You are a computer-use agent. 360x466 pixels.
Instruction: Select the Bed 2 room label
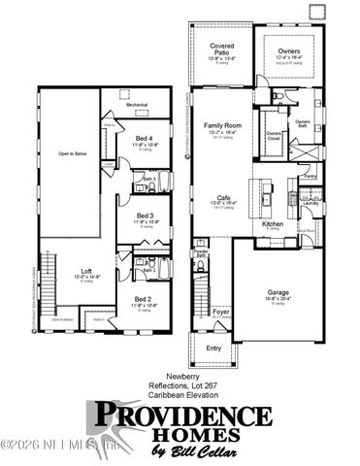(143, 298)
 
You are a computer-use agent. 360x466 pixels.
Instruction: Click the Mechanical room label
(136, 104)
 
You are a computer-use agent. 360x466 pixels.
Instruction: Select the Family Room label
(222, 126)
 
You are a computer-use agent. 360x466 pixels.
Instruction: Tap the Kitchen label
(273, 223)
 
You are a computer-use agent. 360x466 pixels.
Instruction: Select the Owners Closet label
(274, 137)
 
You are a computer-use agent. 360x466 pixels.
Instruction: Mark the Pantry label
(310, 176)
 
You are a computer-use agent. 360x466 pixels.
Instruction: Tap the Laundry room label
(311, 203)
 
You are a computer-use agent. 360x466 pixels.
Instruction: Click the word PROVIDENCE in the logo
(181, 416)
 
